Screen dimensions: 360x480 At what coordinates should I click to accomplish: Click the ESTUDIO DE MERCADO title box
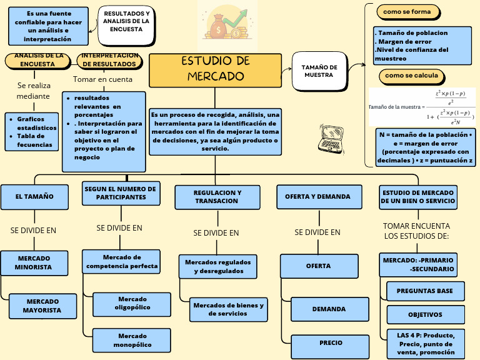coord(216,70)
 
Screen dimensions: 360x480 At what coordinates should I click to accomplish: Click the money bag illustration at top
coord(227,24)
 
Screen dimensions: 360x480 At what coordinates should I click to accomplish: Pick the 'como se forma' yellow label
coord(407,12)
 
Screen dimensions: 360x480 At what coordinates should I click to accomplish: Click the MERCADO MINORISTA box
coord(34,263)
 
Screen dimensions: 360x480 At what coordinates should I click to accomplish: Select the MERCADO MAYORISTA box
coord(42,306)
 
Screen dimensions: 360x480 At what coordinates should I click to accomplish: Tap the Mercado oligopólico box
coord(132,304)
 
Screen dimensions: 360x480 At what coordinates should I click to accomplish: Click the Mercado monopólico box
coord(131,340)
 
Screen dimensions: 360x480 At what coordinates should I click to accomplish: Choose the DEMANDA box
coord(328,309)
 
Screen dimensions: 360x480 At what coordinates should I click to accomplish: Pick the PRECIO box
coord(331,343)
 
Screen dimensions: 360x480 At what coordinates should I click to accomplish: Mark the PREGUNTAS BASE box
coord(425,291)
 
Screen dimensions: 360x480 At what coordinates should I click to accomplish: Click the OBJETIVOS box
coord(425,315)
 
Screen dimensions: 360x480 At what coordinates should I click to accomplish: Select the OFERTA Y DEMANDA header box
coord(319,197)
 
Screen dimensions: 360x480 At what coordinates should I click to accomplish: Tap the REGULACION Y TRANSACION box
coord(217,197)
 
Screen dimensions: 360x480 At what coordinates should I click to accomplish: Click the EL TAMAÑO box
coord(35,197)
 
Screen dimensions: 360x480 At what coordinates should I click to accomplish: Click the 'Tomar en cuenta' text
coord(102,79)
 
